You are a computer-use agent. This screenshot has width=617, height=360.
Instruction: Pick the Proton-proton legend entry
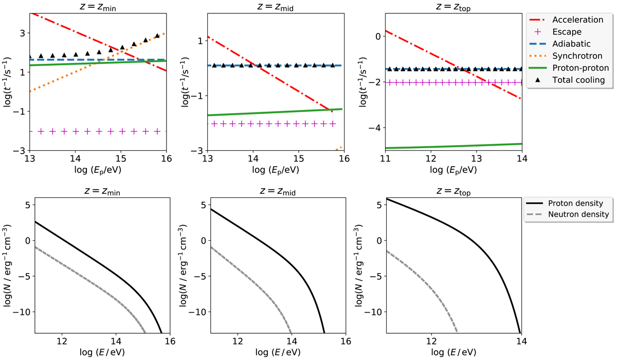click(578, 67)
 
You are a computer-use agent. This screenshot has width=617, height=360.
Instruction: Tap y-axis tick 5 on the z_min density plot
click(25, 205)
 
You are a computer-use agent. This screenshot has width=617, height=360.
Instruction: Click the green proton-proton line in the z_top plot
click(452, 146)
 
